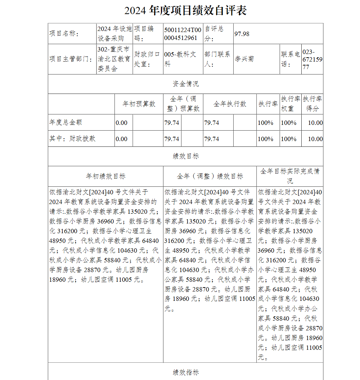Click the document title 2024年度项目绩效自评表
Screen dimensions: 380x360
(185, 11)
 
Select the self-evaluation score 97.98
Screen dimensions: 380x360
(242, 34)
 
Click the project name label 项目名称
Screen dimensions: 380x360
(64, 34)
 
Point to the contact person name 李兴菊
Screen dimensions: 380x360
(244, 59)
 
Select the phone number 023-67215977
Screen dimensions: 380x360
(312, 59)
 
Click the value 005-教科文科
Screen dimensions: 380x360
(180, 59)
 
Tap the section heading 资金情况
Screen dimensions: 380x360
(185, 84)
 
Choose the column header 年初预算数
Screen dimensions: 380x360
(139, 104)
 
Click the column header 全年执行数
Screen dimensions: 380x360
(230, 104)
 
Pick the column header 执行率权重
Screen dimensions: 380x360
(291, 104)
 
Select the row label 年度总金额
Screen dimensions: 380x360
(66, 123)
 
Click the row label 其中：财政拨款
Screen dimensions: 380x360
(72, 139)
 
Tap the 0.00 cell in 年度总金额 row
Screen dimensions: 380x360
(122, 123)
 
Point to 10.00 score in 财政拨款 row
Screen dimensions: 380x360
(315, 139)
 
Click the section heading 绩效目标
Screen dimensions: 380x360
(185, 156)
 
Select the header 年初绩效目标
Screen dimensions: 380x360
(105, 176)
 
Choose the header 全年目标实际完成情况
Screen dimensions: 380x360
(290, 176)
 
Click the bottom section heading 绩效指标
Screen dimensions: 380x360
(185, 372)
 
